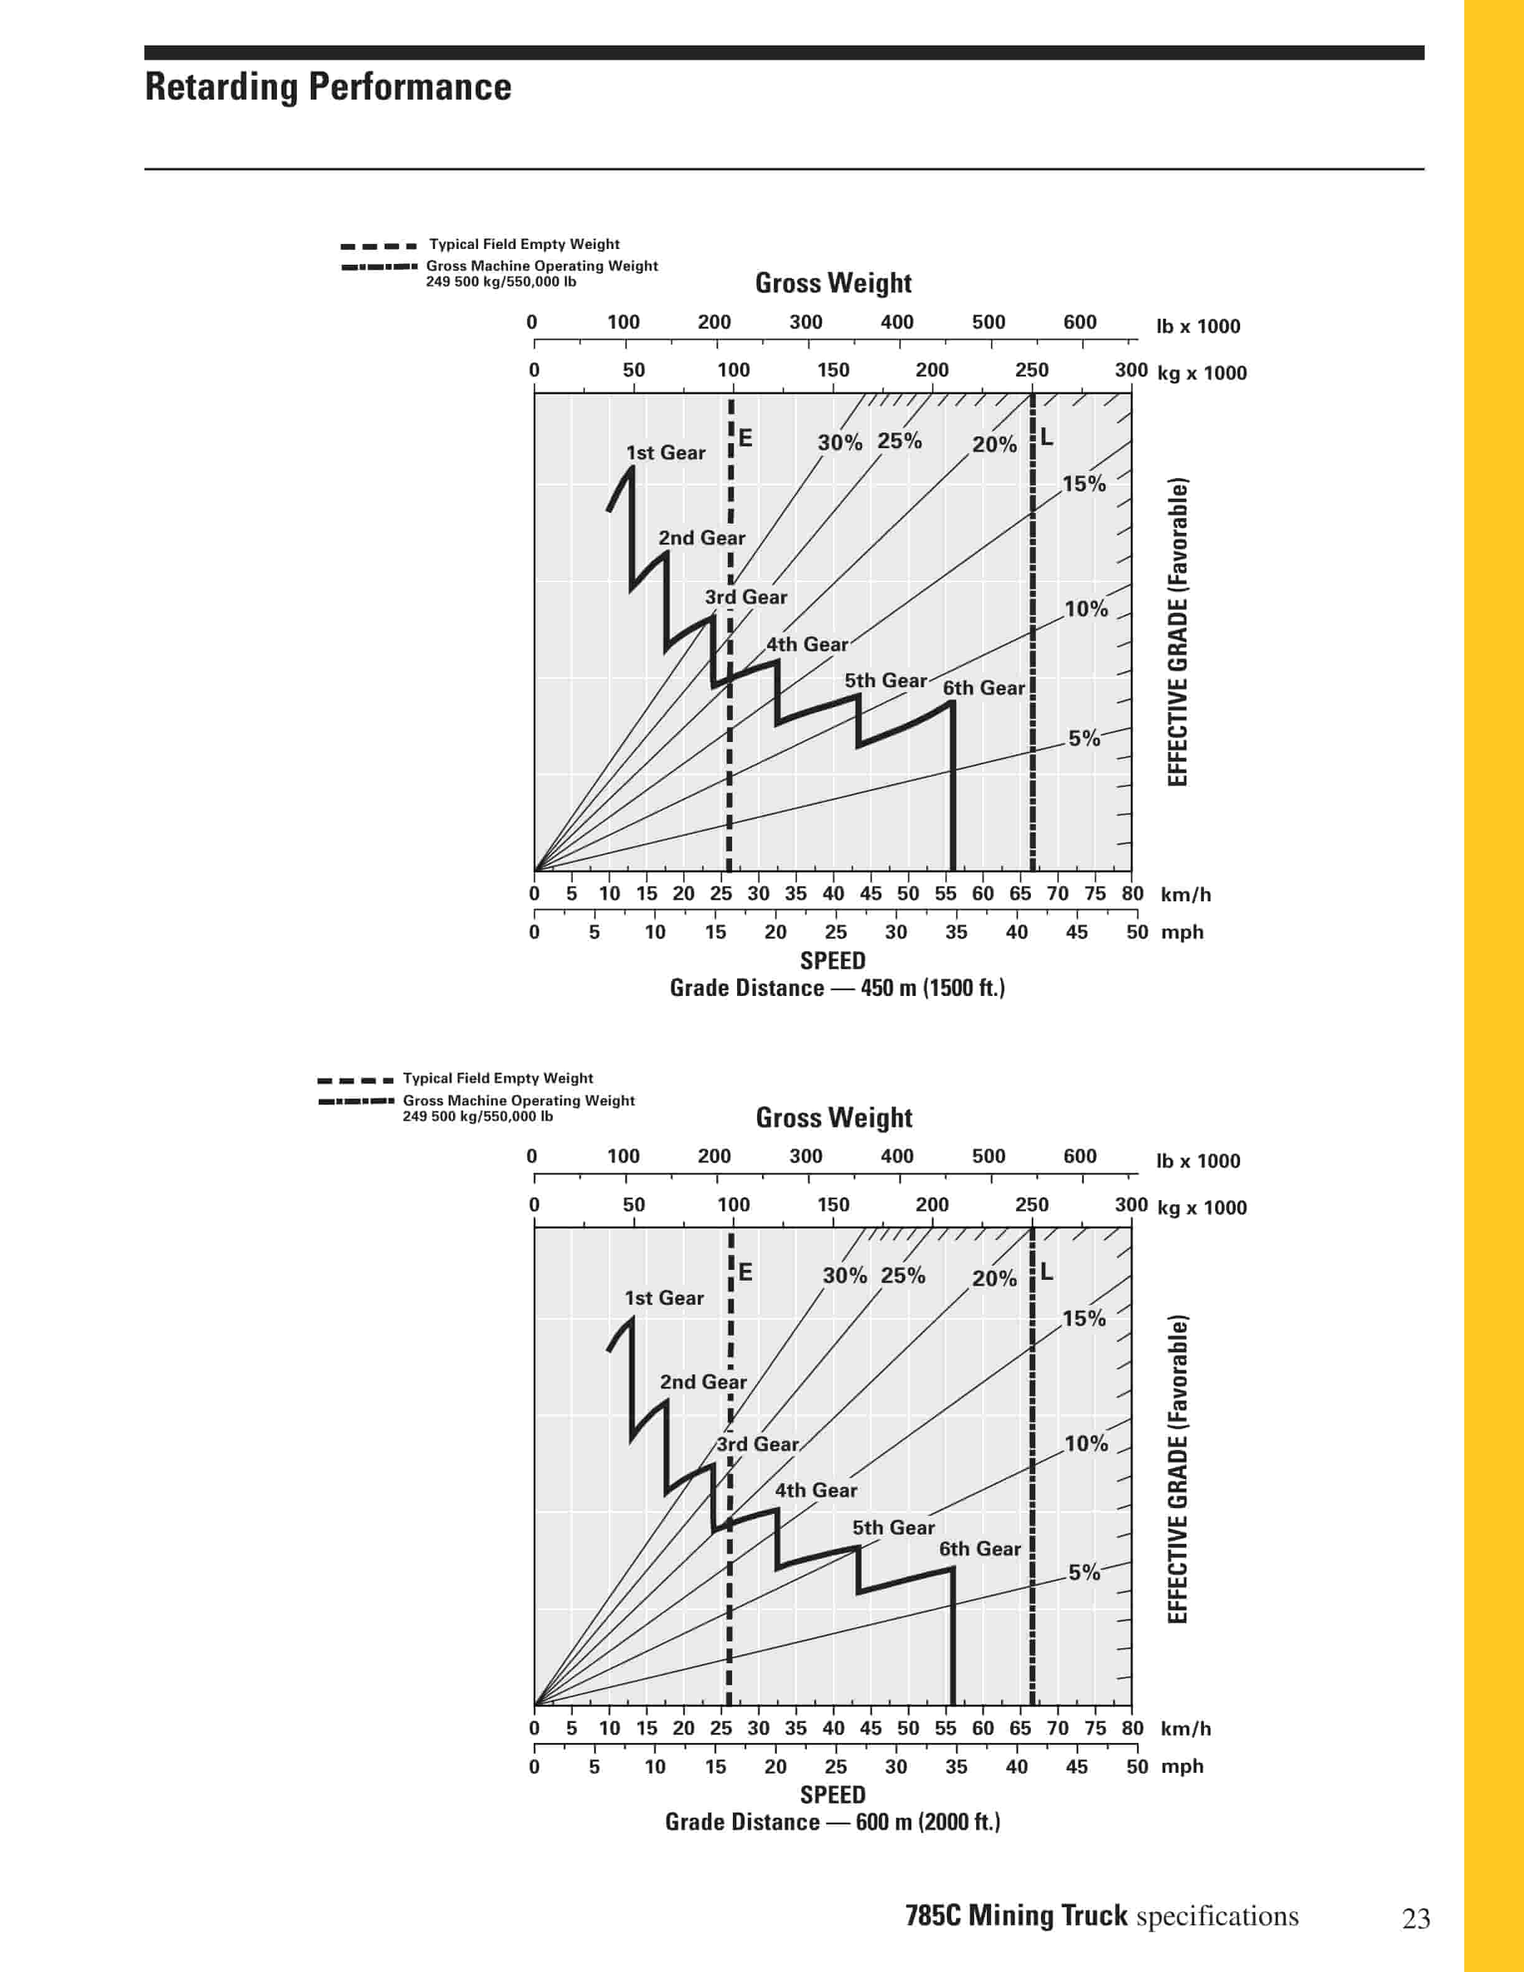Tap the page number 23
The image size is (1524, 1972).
point(1416,1918)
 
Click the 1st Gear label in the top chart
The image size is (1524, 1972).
point(666,453)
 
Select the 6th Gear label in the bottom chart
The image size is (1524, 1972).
point(980,1549)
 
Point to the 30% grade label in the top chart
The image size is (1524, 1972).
point(840,443)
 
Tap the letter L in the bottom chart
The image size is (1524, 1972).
point(1047,1271)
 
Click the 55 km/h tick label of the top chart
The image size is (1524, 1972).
point(945,894)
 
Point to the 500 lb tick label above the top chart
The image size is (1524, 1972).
point(989,322)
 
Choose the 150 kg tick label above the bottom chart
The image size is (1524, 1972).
point(832,1204)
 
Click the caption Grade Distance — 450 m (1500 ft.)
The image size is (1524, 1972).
point(837,988)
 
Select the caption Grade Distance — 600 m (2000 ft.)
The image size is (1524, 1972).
point(832,1822)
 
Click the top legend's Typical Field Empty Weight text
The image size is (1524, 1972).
point(524,244)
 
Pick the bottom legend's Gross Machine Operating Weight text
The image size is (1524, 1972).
point(518,1101)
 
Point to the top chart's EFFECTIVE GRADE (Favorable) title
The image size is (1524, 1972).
point(1177,632)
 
